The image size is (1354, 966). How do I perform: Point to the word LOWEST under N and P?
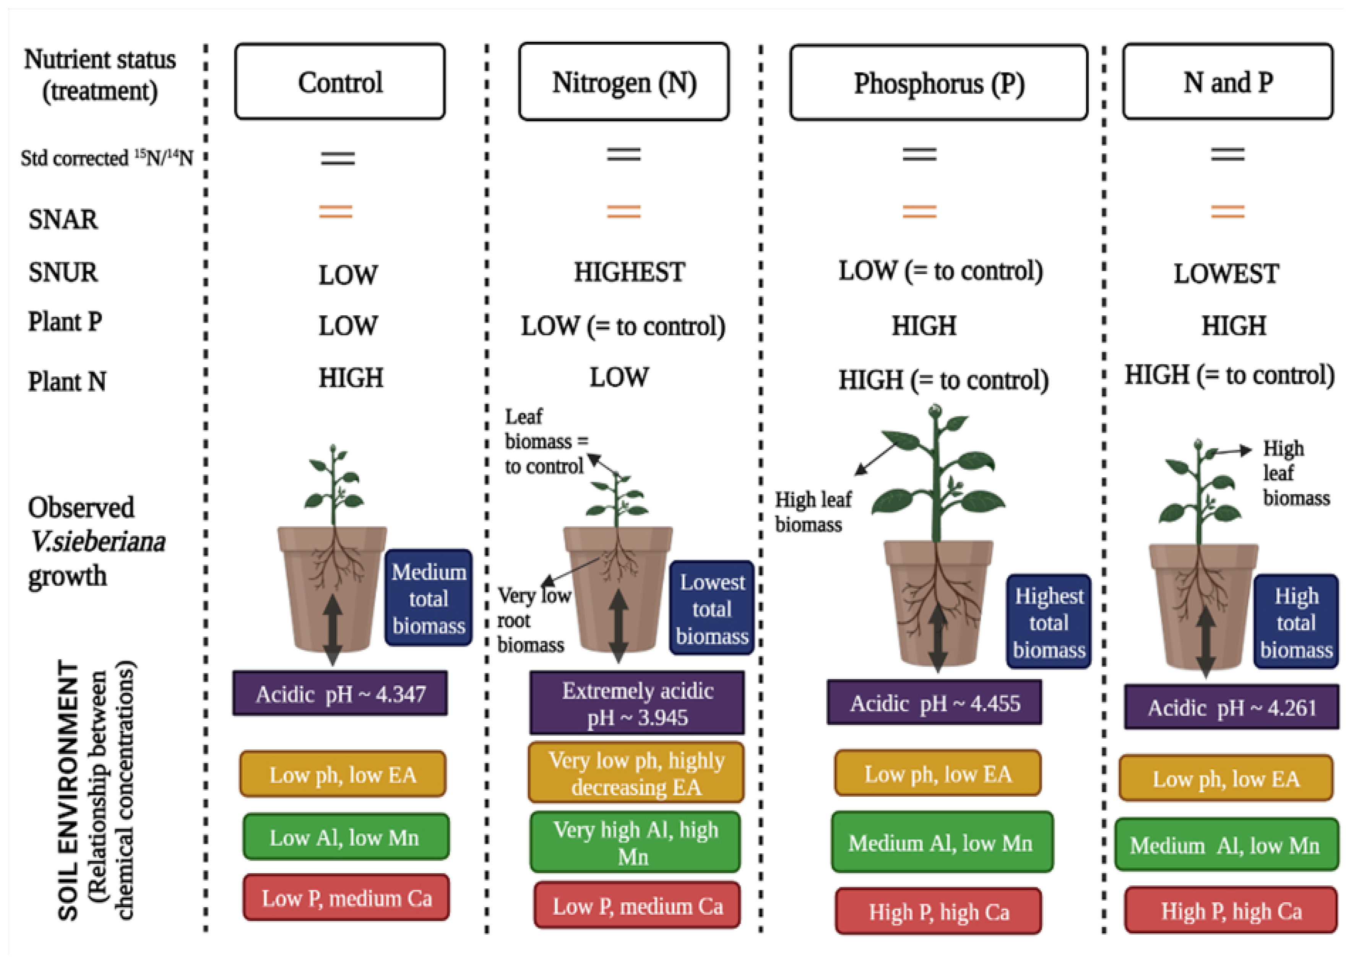click(x=1226, y=274)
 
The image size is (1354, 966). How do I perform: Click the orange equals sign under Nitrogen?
click(x=623, y=211)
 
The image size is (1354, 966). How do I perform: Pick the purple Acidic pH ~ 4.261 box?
click(x=1231, y=708)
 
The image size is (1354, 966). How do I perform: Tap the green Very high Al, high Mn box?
click(x=635, y=842)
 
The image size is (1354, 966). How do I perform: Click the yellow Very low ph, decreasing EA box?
click(x=636, y=773)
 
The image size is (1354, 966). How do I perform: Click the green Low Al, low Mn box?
click(x=345, y=837)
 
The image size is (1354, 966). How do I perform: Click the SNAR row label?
click(x=63, y=219)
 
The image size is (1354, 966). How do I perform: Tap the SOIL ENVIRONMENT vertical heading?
click(x=68, y=791)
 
